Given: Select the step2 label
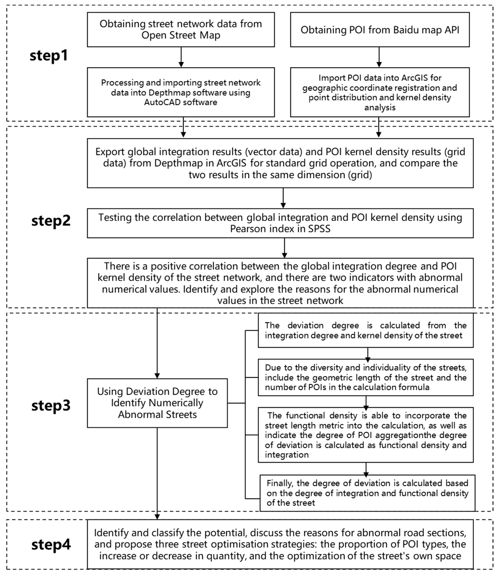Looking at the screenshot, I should (51, 221).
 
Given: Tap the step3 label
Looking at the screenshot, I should (51, 406).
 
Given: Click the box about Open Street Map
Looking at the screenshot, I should (181, 29).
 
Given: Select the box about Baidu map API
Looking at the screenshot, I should (380, 29).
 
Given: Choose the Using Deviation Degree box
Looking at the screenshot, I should (157, 403).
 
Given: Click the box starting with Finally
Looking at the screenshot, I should (367, 493).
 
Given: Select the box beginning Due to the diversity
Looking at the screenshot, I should (365, 377).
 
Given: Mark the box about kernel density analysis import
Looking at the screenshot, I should (380, 92).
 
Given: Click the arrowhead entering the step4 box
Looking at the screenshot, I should (157, 517).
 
